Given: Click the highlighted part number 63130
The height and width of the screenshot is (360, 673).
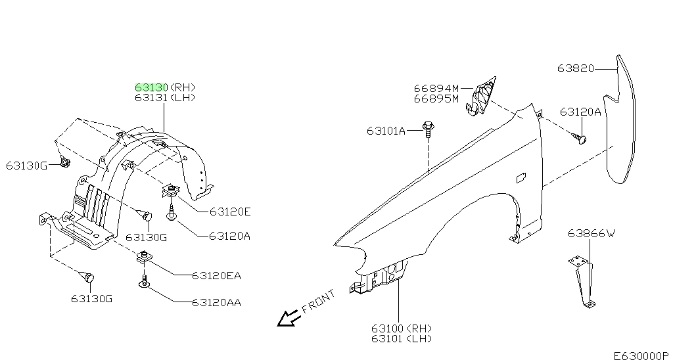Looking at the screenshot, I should tap(152, 87).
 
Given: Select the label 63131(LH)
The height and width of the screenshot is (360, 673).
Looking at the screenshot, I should tap(165, 98).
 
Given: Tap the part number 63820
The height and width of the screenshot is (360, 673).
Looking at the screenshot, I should tap(576, 68).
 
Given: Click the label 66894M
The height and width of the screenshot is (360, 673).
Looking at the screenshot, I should tap(436, 88).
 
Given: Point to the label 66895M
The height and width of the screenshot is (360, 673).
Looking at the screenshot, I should tap(436, 99).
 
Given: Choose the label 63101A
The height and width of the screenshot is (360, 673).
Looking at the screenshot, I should tap(386, 131).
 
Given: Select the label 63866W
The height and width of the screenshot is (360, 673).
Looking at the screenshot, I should tap(592, 233).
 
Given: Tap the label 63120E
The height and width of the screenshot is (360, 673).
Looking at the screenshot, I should tap(230, 212).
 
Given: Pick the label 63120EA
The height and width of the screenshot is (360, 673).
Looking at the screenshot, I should tap(216, 275).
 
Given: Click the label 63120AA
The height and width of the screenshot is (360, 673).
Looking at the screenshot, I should tap(216, 303).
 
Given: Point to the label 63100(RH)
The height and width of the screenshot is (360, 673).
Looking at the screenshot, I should tap(403, 328).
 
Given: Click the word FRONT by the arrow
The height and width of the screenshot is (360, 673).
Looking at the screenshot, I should tap(318, 302).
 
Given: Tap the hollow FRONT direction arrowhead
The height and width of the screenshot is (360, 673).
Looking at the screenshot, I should tap(287, 319).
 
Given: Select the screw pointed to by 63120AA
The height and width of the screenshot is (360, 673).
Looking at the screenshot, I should tap(143, 282).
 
